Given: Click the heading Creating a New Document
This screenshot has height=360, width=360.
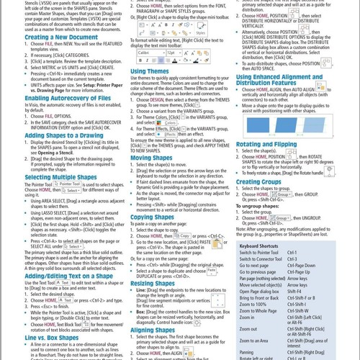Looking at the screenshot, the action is pyautogui.click(x=62, y=37).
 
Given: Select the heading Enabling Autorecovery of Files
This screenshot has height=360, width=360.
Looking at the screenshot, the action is pyautogui.click(x=68, y=98).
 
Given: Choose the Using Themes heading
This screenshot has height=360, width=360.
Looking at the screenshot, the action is pyautogui.click(x=149, y=71).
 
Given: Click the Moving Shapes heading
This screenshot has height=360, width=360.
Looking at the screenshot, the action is pyautogui.click(x=151, y=158).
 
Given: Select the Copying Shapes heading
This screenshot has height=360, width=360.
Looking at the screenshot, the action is pyautogui.click(x=152, y=217).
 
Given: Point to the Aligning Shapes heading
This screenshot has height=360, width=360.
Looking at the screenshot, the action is pyautogui.click(x=153, y=328).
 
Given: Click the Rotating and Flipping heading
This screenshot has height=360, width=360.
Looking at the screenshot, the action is pyautogui.click(x=266, y=144).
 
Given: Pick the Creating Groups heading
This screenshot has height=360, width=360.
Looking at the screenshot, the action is pyautogui.click(x=258, y=182).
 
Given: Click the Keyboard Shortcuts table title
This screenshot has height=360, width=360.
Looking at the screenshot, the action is pyautogui.click(x=258, y=246).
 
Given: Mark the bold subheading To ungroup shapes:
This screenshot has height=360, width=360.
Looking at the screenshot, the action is pyautogui.click(x=257, y=206).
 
